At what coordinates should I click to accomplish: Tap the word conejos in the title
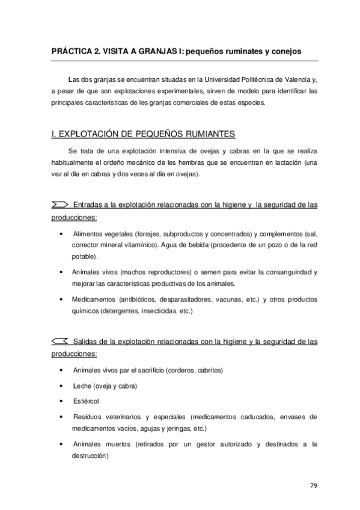(287, 52)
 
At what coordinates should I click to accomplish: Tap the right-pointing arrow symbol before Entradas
(59, 205)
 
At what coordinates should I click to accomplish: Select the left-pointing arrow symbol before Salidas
(59, 342)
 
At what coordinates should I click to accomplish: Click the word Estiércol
(86, 401)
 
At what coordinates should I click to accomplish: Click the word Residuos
(88, 416)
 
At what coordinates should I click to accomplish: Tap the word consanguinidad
(288, 272)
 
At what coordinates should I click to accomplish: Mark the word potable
(84, 256)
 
